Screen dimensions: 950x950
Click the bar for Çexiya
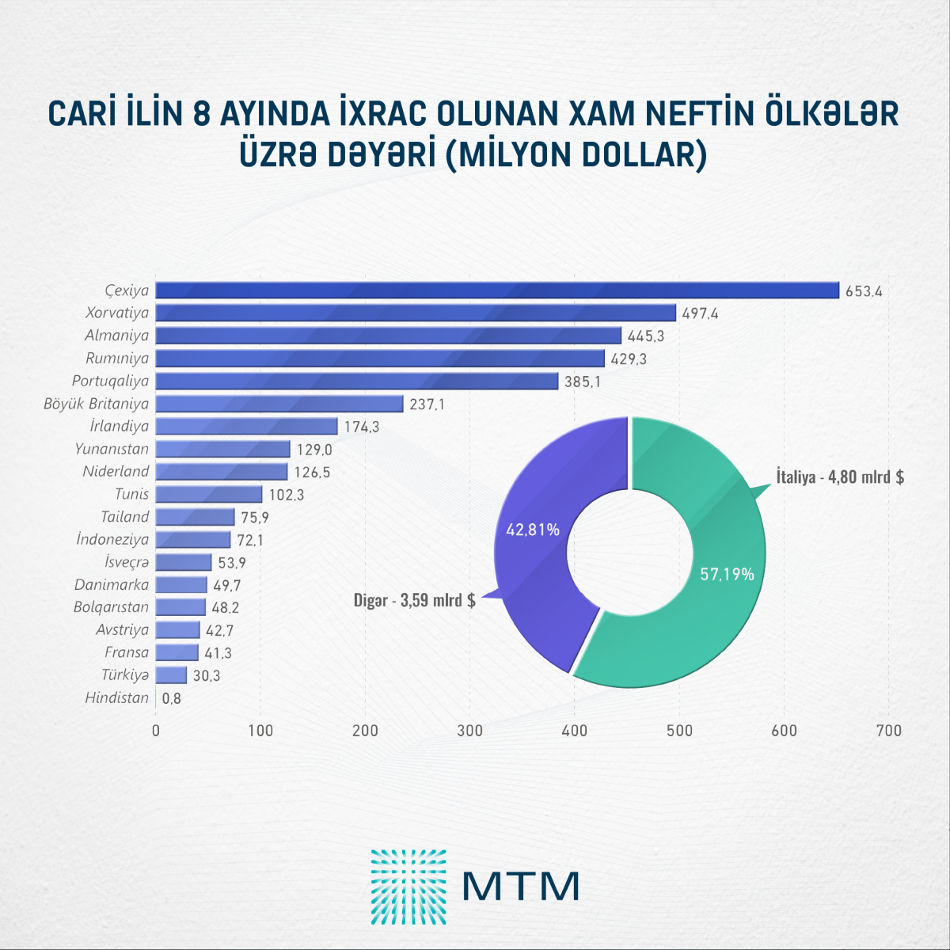[497, 291]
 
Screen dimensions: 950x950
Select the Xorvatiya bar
[416, 313]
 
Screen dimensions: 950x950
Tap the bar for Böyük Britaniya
[279, 404]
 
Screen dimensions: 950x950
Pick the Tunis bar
[209, 495]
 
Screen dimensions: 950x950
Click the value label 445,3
[645, 336]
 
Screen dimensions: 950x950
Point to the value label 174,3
[362, 427]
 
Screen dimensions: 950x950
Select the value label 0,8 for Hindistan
[172, 699]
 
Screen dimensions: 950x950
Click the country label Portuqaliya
[110, 381]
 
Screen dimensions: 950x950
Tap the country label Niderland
[116, 472]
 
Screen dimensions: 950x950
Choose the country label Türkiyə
[125, 675]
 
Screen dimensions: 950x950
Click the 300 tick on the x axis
[470, 731]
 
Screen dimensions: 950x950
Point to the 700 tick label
[889, 731]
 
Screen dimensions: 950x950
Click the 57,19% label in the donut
[727, 574]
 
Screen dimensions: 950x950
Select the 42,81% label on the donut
[533, 530]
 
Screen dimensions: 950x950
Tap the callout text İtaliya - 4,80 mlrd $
[840, 477]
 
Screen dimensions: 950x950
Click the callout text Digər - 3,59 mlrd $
[414, 600]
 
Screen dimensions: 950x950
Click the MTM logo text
[521, 886]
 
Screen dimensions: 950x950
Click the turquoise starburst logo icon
[408, 887]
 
